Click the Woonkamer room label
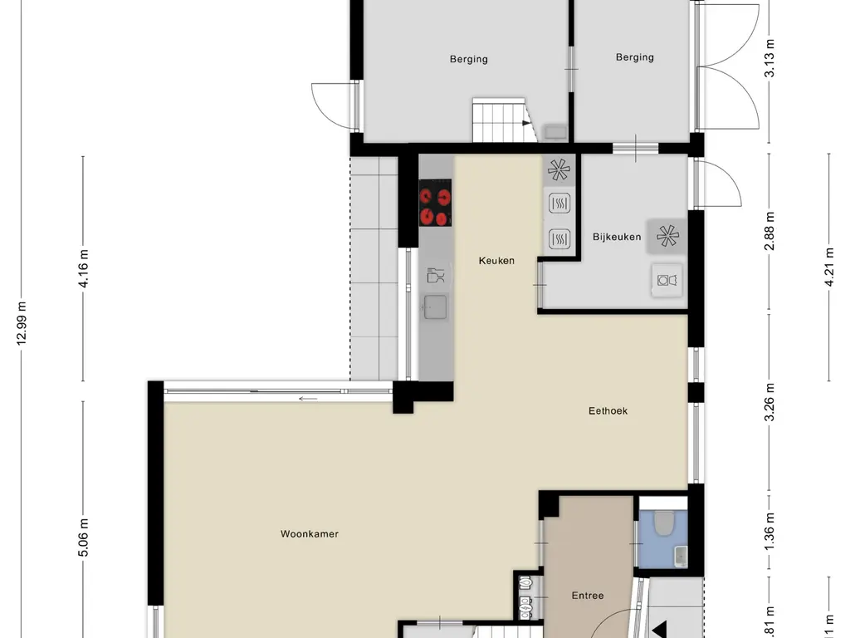[x=310, y=534]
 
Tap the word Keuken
[x=496, y=261]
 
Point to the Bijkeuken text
[x=617, y=237]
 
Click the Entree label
[x=588, y=596]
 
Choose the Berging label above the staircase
[x=469, y=59]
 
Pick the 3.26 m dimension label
[x=770, y=402]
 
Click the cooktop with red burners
[x=435, y=206]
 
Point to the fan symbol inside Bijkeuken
[x=667, y=236]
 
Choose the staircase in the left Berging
[x=500, y=120]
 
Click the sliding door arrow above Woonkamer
[x=308, y=399]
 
